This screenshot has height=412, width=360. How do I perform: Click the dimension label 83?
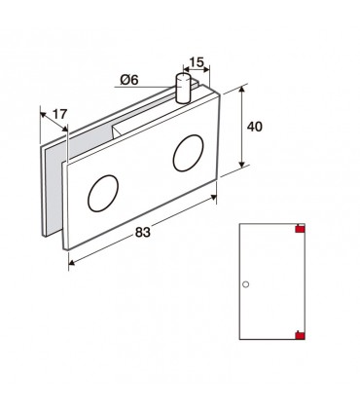point(143,232)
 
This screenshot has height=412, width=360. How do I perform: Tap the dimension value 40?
point(254,127)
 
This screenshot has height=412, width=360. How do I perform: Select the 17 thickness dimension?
point(59,114)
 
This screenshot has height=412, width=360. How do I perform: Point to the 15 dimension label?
point(197,62)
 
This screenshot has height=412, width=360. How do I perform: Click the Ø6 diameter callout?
point(129,80)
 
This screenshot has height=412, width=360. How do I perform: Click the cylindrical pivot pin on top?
point(183,89)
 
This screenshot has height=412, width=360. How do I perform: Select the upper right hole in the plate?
point(188,153)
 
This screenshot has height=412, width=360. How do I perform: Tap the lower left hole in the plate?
point(103,194)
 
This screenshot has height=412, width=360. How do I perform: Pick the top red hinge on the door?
point(300,229)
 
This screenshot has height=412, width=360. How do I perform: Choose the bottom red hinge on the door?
point(300,335)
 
